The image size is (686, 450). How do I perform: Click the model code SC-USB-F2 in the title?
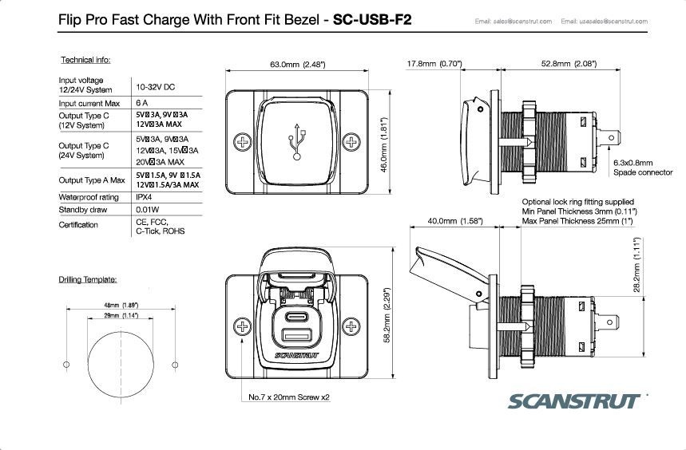(373, 19)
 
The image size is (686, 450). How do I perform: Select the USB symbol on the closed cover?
(298, 141)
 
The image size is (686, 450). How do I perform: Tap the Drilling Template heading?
(88, 279)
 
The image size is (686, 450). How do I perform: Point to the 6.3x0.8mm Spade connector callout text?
(642, 167)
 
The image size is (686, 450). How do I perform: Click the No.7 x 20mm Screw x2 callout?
(289, 397)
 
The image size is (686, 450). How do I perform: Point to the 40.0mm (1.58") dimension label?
(455, 220)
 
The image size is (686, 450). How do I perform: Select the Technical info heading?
(85, 61)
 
